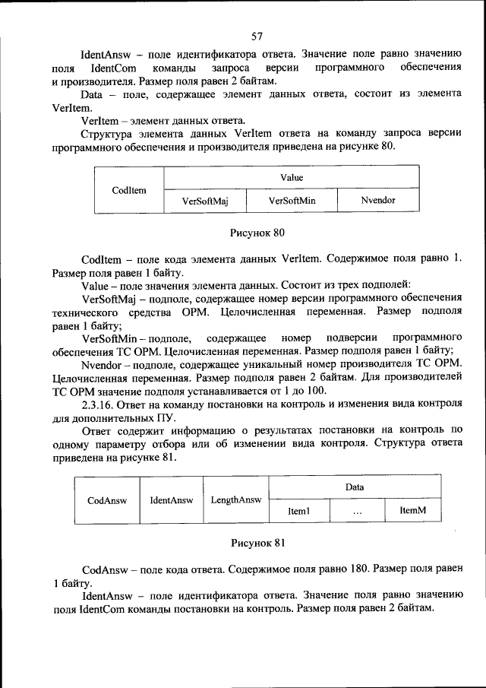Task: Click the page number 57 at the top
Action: (x=257, y=35)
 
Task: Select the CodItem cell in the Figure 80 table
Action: (x=128, y=189)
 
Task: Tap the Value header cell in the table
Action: (x=292, y=177)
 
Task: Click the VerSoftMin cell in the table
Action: (x=292, y=201)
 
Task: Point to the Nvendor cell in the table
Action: (x=377, y=201)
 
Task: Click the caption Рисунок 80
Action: (x=257, y=231)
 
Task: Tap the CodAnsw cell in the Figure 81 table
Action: (x=107, y=500)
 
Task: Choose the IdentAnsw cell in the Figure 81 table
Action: (x=171, y=500)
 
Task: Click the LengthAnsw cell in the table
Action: (x=235, y=500)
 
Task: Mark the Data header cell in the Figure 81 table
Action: (x=355, y=487)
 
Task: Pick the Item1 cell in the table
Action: (x=298, y=512)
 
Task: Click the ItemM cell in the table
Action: (x=412, y=512)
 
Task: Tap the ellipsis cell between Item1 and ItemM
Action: (x=357, y=513)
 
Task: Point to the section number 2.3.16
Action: (x=99, y=405)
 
